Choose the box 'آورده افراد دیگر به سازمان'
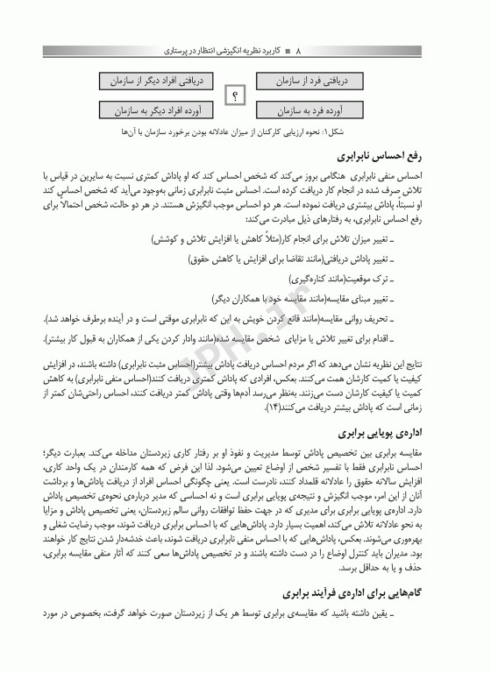[158, 111]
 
